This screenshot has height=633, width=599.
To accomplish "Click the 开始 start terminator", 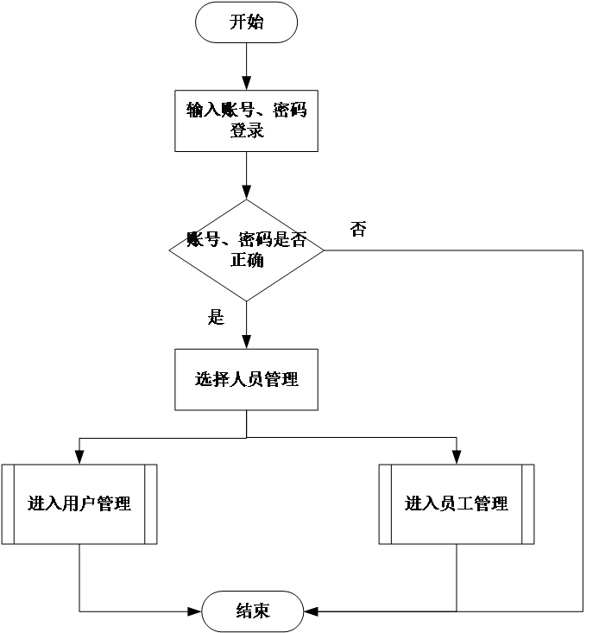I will [x=246, y=22].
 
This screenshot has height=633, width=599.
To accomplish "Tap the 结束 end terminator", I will [x=252, y=611].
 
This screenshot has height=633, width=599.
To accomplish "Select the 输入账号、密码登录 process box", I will [x=246, y=121].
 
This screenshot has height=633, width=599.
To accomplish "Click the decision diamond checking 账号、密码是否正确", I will [x=246, y=250].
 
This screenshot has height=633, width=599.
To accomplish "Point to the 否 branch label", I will [x=358, y=230].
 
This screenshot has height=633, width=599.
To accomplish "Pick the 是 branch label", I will [x=216, y=317].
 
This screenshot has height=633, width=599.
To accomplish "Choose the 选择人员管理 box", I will [x=246, y=379].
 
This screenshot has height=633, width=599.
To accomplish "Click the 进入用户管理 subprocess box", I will [x=79, y=504].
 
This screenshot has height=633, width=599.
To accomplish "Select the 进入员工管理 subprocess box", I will [x=457, y=504].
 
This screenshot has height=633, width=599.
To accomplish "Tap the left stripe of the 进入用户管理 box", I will [x=9, y=504].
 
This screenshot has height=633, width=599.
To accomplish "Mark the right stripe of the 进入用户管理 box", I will [x=150, y=504].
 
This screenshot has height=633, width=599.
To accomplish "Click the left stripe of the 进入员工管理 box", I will [x=385, y=504].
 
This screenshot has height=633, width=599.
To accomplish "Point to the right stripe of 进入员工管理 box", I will [x=527, y=504].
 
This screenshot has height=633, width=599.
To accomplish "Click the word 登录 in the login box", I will [x=246, y=131].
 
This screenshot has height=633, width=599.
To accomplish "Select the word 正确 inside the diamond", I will [x=247, y=261].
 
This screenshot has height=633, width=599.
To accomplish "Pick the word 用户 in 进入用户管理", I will [x=79, y=504].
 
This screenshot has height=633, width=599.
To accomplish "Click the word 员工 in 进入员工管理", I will [x=457, y=504].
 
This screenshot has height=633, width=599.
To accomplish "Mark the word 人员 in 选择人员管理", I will [x=247, y=379].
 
